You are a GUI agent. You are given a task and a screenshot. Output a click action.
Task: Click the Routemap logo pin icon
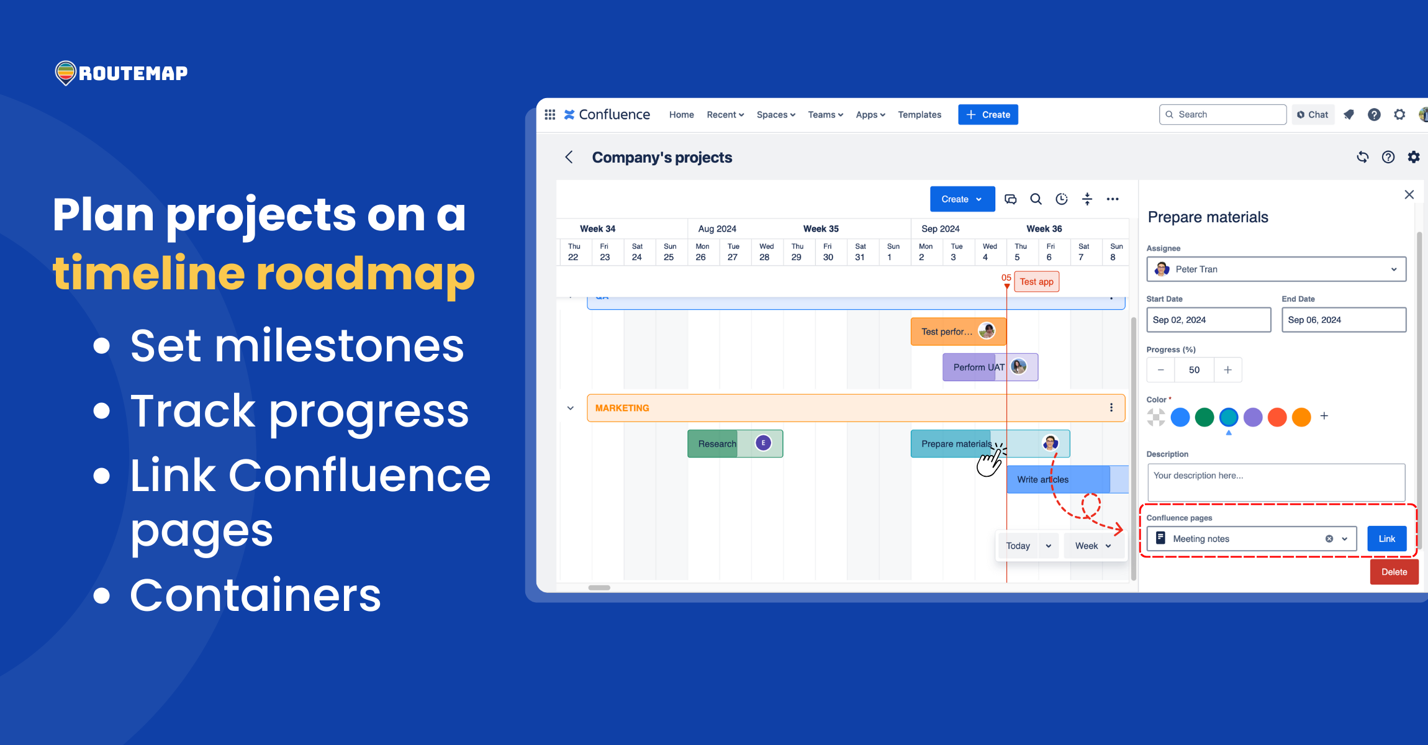pos(65,73)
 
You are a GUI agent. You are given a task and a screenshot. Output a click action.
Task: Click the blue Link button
pos(1386,538)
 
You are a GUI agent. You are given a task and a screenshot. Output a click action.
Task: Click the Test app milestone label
pos(1036,281)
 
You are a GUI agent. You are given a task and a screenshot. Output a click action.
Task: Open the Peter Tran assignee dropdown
pos(1276,269)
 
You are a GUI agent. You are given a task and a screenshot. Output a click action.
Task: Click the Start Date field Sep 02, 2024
pos(1208,320)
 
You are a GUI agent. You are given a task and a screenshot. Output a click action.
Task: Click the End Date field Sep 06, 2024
pos(1343,320)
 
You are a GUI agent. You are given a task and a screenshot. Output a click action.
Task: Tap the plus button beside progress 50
pos(1227,369)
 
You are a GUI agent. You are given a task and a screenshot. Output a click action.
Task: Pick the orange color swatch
pos(1301,417)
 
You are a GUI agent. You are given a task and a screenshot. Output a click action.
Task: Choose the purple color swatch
pos(1252,417)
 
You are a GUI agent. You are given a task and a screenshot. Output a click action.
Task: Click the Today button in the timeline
pos(1018,546)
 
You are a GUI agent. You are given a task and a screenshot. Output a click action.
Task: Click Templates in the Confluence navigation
pos(919,114)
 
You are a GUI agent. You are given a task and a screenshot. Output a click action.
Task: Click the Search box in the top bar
pos(1222,114)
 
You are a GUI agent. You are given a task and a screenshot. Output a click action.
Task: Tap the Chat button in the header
pos(1313,114)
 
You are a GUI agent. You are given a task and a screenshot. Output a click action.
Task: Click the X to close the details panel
pos(1409,194)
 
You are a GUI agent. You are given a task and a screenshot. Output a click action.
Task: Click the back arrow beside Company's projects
pos(569,157)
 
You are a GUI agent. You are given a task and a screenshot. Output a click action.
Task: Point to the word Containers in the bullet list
pos(255,594)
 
